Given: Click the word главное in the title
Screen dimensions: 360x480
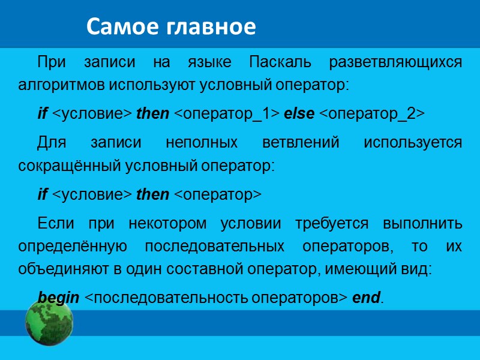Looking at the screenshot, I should (210, 26).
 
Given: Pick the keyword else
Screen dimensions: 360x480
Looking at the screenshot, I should (299, 114).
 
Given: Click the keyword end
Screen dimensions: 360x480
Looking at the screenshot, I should (365, 298).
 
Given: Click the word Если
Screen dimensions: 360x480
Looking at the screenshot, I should (55, 224).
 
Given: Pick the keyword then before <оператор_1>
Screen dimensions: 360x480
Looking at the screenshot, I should (153, 114).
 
